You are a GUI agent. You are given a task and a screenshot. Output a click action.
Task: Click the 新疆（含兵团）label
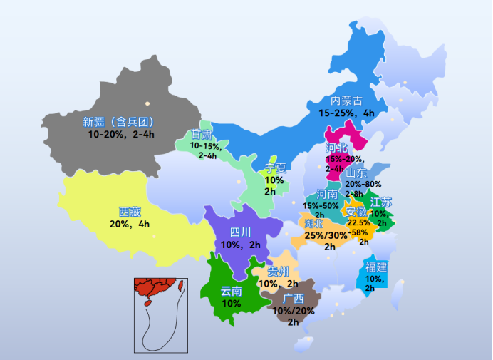point(119,121)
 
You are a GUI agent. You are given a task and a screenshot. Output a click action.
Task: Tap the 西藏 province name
point(130,212)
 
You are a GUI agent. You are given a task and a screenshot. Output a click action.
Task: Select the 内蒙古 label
point(346,101)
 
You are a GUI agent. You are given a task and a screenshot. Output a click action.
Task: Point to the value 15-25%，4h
point(346,113)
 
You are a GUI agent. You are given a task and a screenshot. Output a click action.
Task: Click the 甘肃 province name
point(202,135)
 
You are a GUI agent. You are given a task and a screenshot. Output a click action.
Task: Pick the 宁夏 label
point(275,168)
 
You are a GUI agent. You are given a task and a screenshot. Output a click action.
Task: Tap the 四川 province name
point(241,232)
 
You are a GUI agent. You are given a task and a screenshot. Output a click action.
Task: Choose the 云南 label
point(231,291)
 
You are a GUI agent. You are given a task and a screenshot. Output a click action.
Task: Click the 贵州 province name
point(278,272)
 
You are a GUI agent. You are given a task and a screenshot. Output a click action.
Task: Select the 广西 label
point(293,299)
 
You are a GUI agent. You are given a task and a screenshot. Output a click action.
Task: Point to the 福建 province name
point(376,267)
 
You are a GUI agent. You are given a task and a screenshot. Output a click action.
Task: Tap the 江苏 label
point(381,202)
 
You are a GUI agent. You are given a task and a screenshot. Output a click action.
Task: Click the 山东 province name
point(356,173)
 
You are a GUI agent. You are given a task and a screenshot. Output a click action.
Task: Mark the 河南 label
point(327,194)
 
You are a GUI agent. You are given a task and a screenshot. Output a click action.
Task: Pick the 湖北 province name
point(314,224)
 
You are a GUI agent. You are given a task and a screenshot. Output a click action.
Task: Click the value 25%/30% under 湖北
point(326,235)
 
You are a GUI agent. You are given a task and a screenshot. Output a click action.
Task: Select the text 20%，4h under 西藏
point(130,224)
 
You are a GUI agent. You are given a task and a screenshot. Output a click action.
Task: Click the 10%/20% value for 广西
point(293,311)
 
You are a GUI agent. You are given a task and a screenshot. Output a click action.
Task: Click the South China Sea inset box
point(161,315)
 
